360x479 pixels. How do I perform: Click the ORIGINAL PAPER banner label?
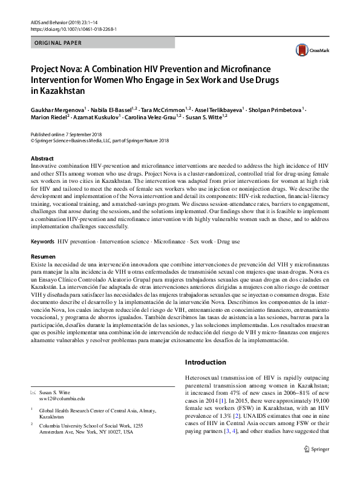pos(56,44)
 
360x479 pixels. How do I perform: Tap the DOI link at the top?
pos(70,29)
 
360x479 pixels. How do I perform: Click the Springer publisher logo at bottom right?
pos(320,467)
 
